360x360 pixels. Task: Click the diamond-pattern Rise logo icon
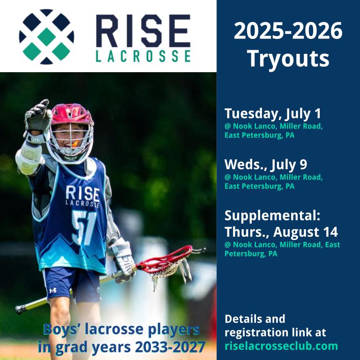click(46, 37)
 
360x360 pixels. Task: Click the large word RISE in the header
click(143, 30)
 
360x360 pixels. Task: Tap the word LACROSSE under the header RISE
click(143, 56)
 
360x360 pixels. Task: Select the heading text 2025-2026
click(288, 31)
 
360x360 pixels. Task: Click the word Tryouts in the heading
click(288, 59)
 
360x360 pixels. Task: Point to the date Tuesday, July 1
click(272, 113)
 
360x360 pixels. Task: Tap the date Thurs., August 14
click(281, 232)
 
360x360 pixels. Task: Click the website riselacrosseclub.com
click(281, 346)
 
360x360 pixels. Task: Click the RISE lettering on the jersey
click(82, 193)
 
